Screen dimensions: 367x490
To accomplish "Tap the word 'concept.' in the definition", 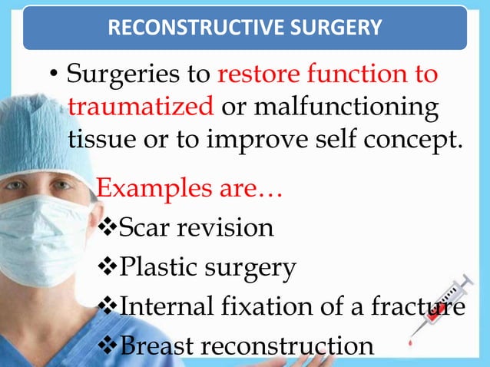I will [412, 139].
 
